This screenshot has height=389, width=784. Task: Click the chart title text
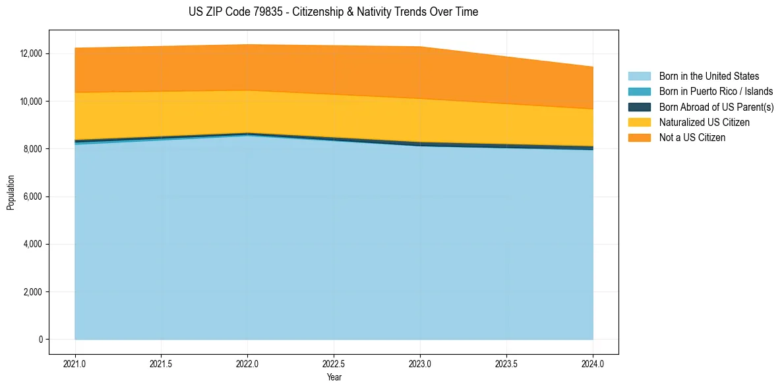pos(333,12)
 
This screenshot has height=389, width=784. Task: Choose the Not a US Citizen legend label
pos(692,138)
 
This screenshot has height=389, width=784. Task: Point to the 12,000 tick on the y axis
pos(30,53)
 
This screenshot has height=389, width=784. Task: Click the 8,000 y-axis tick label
pos(32,149)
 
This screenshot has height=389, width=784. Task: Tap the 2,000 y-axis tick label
pos(32,292)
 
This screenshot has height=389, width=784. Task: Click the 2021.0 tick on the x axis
pos(75,363)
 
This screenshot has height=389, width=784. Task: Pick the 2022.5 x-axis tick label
pos(334,363)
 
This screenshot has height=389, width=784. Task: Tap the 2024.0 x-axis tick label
pos(593,363)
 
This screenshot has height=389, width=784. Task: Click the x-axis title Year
pos(334,377)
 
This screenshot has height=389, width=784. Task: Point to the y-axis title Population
pos(11,193)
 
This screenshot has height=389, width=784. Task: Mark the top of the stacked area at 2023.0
pos(420,47)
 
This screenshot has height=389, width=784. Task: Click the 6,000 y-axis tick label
pos(32,196)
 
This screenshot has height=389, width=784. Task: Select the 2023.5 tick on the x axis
pos(506,363)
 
